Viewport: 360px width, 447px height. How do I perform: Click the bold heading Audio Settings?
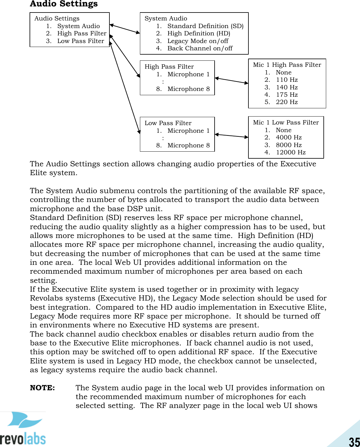click(64, 4)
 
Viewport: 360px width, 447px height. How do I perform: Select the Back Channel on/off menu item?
click(200, 48)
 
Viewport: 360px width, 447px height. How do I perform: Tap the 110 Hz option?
click(287, 80)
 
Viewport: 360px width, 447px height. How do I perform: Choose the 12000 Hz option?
click(290, 152)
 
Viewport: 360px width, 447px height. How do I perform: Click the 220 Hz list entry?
click(287, 102)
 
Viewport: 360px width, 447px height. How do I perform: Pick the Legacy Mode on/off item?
click(198, 41)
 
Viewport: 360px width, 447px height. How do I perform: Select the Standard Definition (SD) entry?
click(205, 26)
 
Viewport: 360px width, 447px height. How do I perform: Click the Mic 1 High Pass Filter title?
click(287, 65)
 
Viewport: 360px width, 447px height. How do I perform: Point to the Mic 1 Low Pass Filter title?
click(286, 122)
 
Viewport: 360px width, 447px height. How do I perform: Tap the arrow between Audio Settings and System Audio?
click(125, 29)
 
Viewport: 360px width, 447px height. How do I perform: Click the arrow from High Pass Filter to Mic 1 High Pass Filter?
click(231, 81)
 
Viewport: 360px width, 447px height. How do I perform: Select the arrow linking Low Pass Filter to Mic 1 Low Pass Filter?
click(231, 135)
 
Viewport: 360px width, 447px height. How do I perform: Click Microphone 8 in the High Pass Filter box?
click(188, 89)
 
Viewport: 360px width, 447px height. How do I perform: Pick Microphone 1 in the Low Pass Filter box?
click(188, 131)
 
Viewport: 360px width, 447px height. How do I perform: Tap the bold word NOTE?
click(42, 388)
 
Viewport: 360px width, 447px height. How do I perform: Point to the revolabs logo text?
click(23, 439)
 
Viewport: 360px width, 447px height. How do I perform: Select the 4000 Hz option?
click(288, 137)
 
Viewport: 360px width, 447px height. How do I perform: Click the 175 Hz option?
click(287, 95)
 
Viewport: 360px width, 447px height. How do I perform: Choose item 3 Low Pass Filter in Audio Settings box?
click(80, 41)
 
